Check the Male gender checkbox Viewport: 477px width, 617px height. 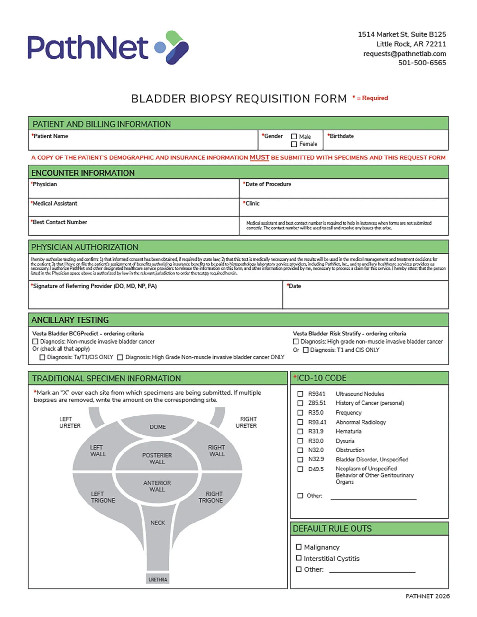294,136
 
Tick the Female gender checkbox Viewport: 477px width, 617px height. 294,144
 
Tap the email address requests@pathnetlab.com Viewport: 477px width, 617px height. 404,54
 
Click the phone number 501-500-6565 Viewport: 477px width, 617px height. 422,63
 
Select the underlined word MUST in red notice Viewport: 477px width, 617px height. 259,157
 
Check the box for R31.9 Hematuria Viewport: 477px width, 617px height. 300,431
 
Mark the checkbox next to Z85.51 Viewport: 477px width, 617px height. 300,403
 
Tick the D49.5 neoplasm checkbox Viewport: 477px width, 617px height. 300,469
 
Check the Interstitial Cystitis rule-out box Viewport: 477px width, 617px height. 298,558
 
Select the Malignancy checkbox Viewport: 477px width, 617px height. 298,547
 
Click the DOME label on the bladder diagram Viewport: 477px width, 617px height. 158,427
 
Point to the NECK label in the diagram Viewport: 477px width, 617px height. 158,523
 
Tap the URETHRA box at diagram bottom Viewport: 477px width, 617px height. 158,579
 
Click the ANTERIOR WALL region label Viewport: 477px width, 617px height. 157,486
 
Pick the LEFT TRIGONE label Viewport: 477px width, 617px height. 103,497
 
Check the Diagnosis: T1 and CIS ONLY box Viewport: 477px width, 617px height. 306,350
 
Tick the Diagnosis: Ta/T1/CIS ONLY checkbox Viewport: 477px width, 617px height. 42,357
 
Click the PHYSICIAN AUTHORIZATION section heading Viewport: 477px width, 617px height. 85,247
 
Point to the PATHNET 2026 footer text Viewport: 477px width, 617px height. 427,596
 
